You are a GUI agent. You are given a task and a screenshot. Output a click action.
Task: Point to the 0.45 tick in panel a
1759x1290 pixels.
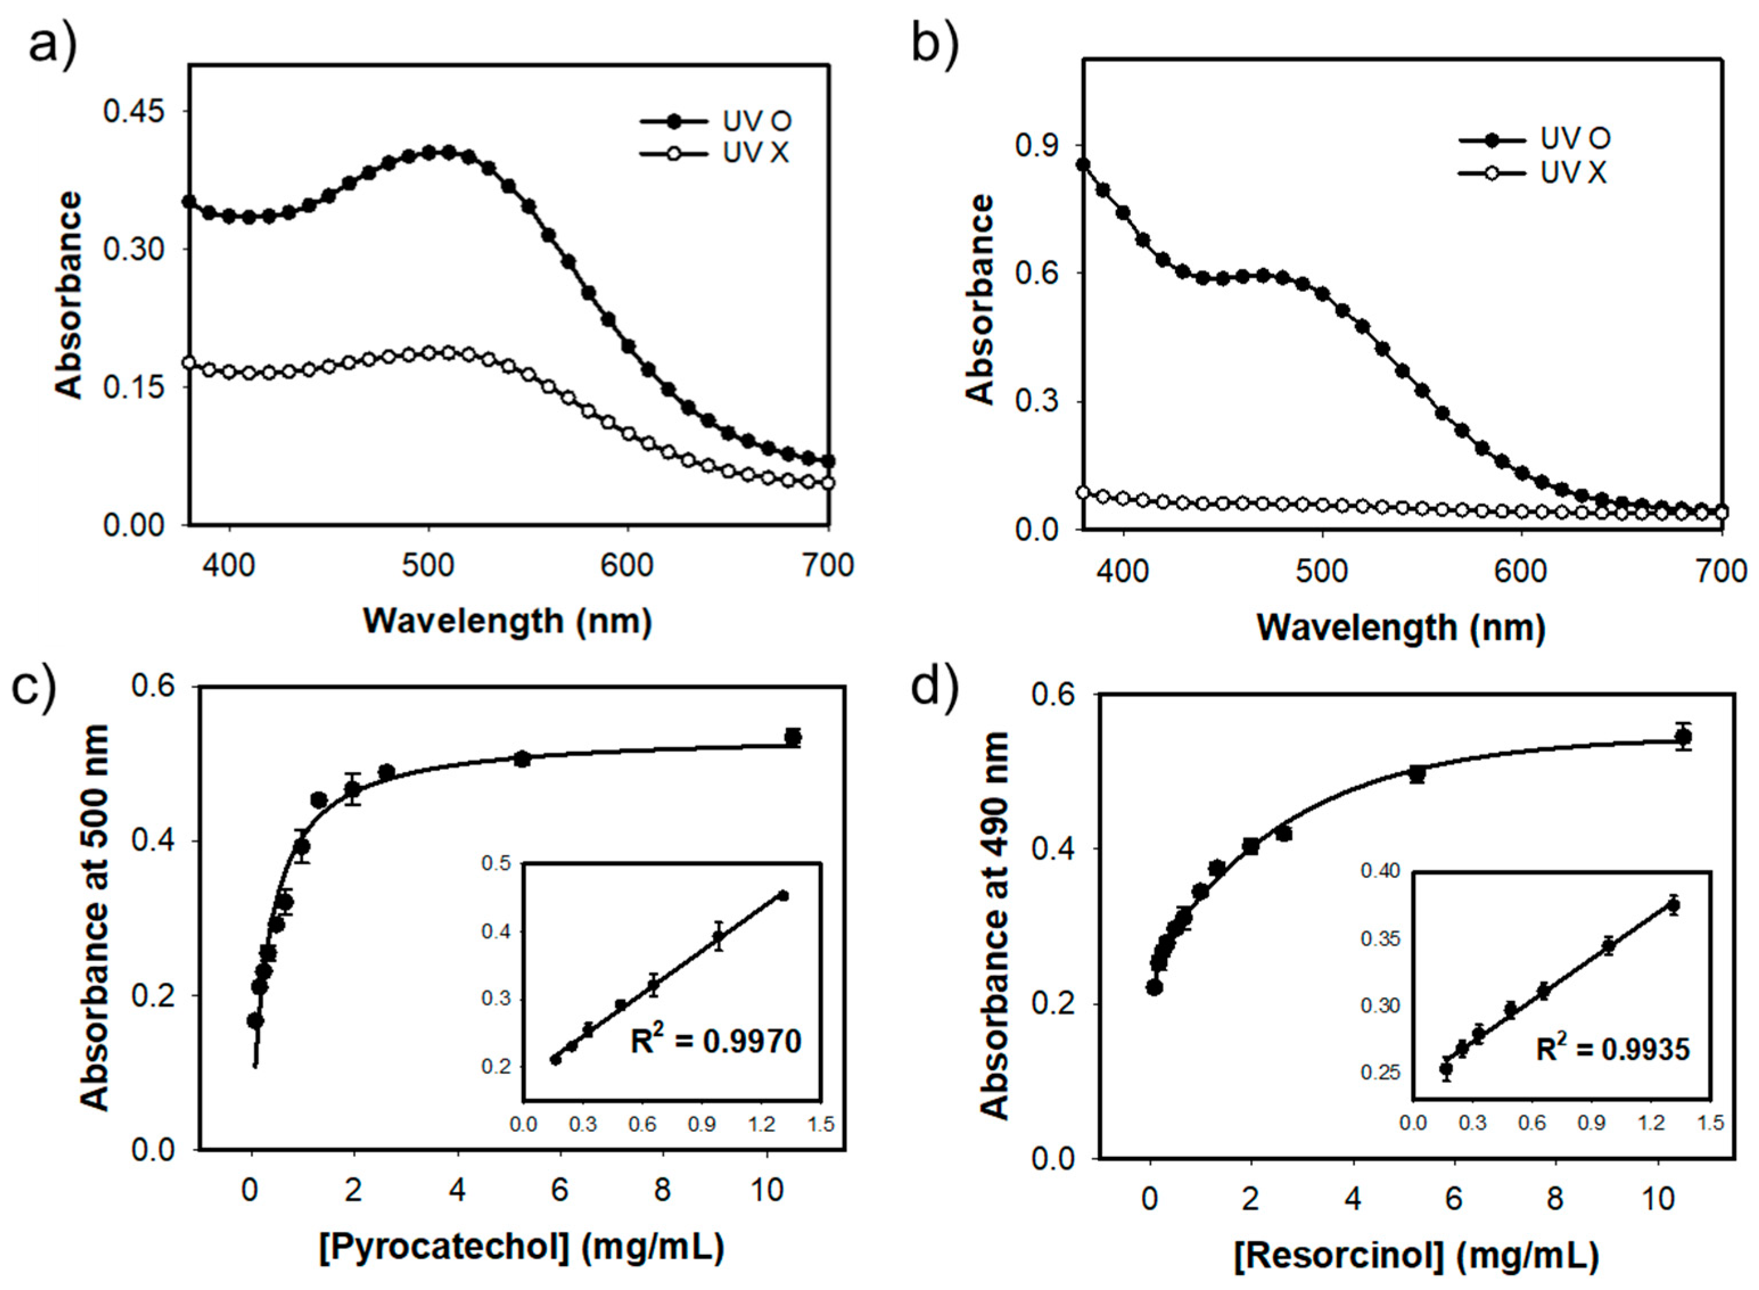pos(135,112)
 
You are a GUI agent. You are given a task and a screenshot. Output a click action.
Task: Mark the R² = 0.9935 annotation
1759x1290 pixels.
pos(1612,1049)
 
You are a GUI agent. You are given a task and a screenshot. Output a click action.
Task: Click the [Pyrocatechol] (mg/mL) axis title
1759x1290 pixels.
pos(521,1247)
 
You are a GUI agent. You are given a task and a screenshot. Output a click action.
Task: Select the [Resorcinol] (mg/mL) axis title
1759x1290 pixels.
pos(1416,1256)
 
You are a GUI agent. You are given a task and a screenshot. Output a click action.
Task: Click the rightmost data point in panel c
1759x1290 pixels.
pos(793,736)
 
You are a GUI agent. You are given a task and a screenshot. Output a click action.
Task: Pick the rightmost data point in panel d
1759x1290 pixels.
pos(1683,736)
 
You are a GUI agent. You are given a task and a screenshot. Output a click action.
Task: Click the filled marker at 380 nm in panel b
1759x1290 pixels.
pos(1083,164)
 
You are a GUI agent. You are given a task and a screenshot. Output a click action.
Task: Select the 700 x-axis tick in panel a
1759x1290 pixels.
pos(827,564)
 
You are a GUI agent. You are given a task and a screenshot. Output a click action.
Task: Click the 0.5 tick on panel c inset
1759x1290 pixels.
pos(496,864)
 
